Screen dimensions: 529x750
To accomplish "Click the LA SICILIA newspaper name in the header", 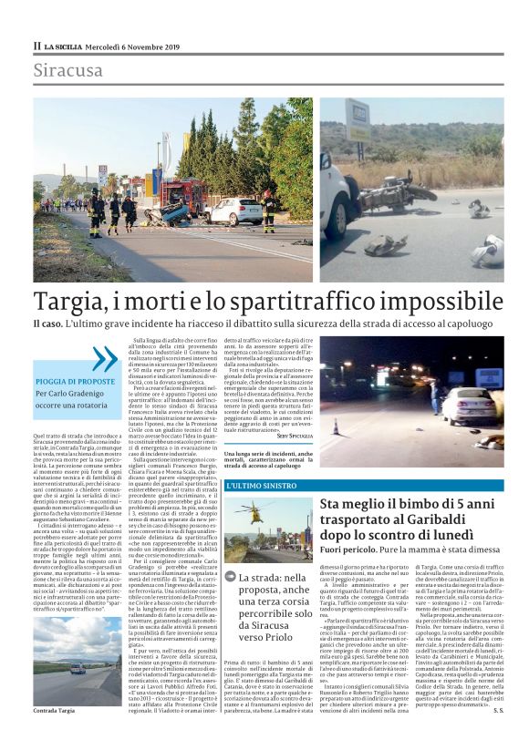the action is (x=67, y=46).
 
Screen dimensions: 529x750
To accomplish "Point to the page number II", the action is (x=37, y=46).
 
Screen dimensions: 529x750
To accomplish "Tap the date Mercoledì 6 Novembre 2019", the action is (x=134, y=46).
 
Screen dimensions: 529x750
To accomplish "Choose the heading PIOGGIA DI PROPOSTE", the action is (x=76, y=382).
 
